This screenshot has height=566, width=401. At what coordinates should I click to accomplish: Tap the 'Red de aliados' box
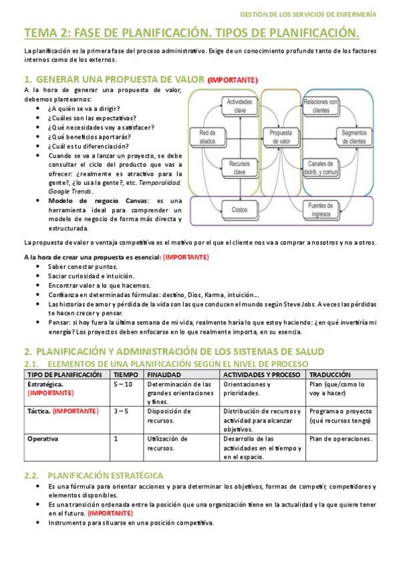[207, 137]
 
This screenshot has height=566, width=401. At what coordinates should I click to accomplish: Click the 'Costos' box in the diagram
[239, 210]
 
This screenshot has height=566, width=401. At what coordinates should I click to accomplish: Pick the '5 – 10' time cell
[123, 384]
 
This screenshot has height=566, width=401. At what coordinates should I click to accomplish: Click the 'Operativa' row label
[43, 439]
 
